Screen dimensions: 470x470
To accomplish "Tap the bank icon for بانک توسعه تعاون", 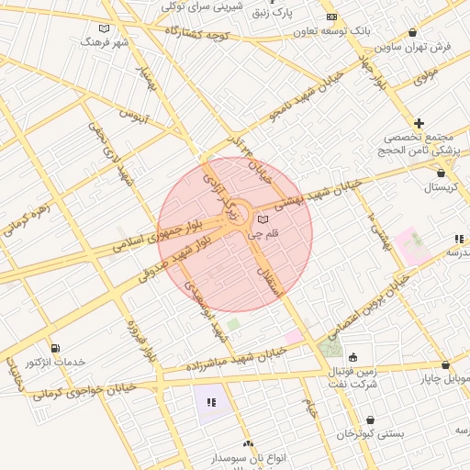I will (331, 17).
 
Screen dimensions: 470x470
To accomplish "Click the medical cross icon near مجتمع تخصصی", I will (420, 122).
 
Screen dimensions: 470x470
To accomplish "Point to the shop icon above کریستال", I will (442, 173).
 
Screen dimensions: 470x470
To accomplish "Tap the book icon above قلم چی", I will (264, 220).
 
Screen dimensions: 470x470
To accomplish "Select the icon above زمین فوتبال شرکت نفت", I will (353, 357).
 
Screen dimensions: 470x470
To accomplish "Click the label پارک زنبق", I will (285, 14).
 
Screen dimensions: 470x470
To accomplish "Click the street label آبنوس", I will (135, 116).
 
